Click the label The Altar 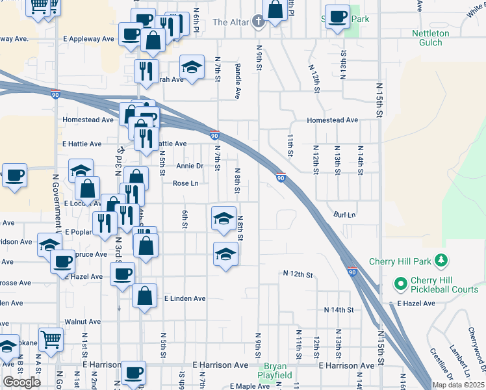[231, 22]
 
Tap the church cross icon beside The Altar [258, 22]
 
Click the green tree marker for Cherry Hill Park [442, 261]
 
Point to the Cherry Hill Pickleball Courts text [444, 285]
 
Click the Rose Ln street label [185, 183]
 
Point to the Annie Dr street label [190, 166]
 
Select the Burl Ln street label [345, 214]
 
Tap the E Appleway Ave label [88, 39]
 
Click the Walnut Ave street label [83, 322]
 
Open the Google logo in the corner [21, 382]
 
